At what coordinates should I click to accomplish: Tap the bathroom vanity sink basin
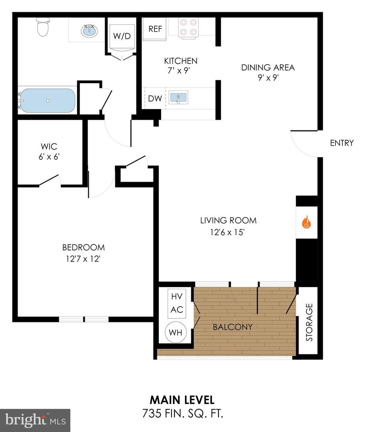pos(88,30)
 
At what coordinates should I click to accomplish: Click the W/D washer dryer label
pos(122,36)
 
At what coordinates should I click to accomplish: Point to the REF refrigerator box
pos(154,29)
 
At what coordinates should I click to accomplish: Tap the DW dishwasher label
pos(154,98)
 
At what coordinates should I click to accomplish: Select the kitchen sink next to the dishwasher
pos(178,97)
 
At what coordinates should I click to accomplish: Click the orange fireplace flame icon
pos(306,222)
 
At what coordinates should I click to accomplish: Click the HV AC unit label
pos(176,303)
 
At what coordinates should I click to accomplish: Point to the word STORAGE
pos(309,322)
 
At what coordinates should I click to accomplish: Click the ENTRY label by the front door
pos(342,143)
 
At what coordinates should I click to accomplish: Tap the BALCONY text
pos(232,327)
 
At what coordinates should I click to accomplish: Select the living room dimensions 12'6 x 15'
pos(228,232)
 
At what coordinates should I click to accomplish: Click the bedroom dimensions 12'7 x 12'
pos(83,259)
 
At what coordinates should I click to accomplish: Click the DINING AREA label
pos(268,67)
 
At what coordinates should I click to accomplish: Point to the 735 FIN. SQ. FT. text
pos(182,413)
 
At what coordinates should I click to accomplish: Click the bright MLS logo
pos(35,420)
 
